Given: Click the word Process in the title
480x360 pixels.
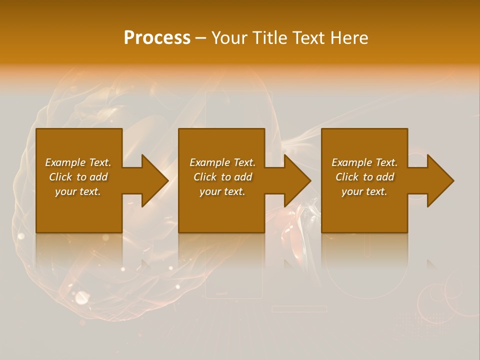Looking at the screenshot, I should click(x=157, y=38).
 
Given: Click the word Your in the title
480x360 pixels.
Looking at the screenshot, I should click(x=229, y=38).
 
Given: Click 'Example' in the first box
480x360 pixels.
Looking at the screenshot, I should click(x=65, y=162).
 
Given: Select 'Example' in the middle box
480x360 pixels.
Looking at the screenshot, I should click(x=209, y=162).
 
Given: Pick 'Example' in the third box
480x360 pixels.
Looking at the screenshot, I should click(x=351, y=162).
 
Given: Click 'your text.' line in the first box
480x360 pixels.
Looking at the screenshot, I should click(x=78, y=191).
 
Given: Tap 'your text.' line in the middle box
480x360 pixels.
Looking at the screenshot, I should click(x=222, y=191).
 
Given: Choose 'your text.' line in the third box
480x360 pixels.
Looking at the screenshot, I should click(x=364, y=191).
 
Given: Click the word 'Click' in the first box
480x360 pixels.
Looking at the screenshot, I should click(x=60, y=177).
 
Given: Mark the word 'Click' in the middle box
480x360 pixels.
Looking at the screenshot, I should click(x=205, y=177).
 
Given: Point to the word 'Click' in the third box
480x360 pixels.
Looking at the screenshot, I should click(x=347, y=177).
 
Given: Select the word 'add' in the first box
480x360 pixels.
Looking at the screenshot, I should click(x=98, y=177).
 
